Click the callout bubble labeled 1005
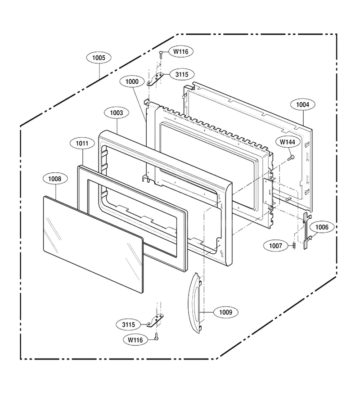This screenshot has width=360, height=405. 99,58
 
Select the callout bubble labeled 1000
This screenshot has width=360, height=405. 132,81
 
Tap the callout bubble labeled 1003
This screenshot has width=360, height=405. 117,113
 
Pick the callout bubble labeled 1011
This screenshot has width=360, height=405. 82,144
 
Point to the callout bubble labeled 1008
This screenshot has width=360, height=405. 55,179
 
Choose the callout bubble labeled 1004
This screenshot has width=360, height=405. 302,104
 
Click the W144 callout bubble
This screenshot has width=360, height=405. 288,142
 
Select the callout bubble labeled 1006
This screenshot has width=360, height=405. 322,227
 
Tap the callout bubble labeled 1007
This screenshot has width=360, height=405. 275,246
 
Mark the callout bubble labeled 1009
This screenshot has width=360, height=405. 226,312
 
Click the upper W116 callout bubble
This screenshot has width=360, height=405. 181,51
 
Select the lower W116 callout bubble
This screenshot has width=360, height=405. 135,340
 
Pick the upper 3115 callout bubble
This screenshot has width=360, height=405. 182,75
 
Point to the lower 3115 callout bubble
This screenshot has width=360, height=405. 128,324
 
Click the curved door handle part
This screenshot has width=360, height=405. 194,303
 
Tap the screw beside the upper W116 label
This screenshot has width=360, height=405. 161,54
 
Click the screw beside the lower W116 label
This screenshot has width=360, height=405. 156,336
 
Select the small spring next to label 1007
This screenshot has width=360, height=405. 294,246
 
